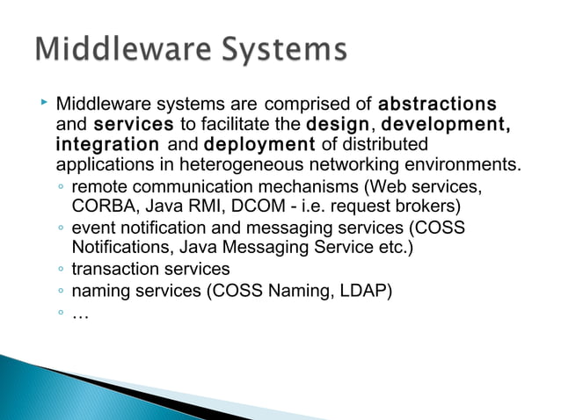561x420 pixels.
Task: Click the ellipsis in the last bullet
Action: click(x=80, y=312)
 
